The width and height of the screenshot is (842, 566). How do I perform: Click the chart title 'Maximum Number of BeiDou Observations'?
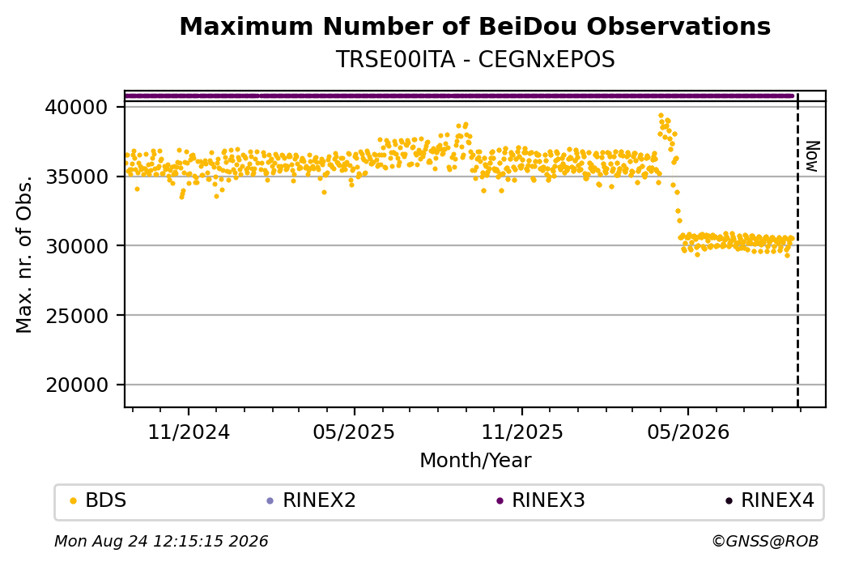474,26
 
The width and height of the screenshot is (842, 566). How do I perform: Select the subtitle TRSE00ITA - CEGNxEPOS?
475,60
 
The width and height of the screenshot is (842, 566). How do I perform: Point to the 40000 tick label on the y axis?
76,108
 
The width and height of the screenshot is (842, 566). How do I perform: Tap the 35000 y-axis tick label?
76,177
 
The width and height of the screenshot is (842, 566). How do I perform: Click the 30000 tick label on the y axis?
76,246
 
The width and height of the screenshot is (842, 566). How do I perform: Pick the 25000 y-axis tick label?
76,316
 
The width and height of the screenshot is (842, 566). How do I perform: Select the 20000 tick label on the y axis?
76,385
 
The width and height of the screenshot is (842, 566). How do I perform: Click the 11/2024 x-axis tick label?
189,432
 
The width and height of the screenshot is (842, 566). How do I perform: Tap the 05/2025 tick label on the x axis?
354,432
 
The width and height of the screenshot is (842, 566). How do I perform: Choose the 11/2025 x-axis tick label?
522,432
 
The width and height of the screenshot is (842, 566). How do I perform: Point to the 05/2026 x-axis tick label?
688,432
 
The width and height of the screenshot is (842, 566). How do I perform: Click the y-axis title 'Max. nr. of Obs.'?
25,254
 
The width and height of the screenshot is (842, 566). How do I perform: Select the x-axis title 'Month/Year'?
475,461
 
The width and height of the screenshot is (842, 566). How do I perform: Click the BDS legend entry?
98,500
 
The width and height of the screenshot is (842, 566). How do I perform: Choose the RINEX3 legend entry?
540,500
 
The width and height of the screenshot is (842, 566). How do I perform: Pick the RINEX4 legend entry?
769,500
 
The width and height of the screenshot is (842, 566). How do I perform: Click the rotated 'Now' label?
813,157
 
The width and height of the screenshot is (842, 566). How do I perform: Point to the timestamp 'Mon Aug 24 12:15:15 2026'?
161,541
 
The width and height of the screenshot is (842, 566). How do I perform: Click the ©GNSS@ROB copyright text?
765,541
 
